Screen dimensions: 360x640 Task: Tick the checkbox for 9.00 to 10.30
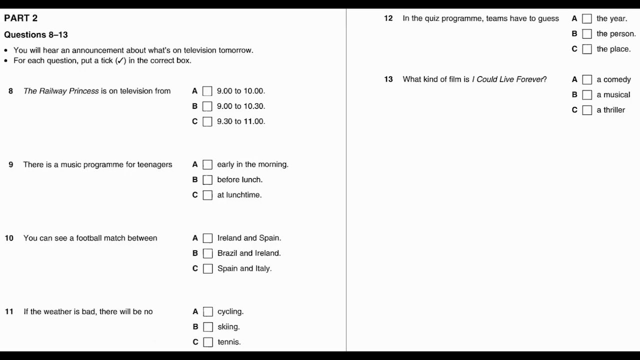(x=207, y=106)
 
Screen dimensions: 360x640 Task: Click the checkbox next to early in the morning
(x=207, y=164)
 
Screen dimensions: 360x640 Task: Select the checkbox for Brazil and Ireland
(x=207, y=253)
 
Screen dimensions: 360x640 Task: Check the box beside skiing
(x=208, y=327)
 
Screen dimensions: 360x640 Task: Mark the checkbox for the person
(x=587, y=34)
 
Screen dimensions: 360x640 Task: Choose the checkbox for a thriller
(x=587, y=110)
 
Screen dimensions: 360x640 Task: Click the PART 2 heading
(x=21, y=18)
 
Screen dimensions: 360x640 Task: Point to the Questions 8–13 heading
(x=36, y=35)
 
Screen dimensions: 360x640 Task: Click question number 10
(x=9, y=238)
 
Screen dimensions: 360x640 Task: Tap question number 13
(x=388, y=79)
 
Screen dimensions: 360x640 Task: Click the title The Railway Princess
(x=61, y=91)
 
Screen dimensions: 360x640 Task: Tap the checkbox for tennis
(x=208, y=342)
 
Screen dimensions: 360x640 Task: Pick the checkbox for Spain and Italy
(x=207, y=268)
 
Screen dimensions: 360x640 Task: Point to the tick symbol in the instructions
(x=120, y=61)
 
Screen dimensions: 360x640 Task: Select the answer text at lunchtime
(x=239, y=195)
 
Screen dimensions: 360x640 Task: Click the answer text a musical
(x=613, y=95)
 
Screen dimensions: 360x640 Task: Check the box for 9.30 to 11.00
(x=207, y=121)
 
